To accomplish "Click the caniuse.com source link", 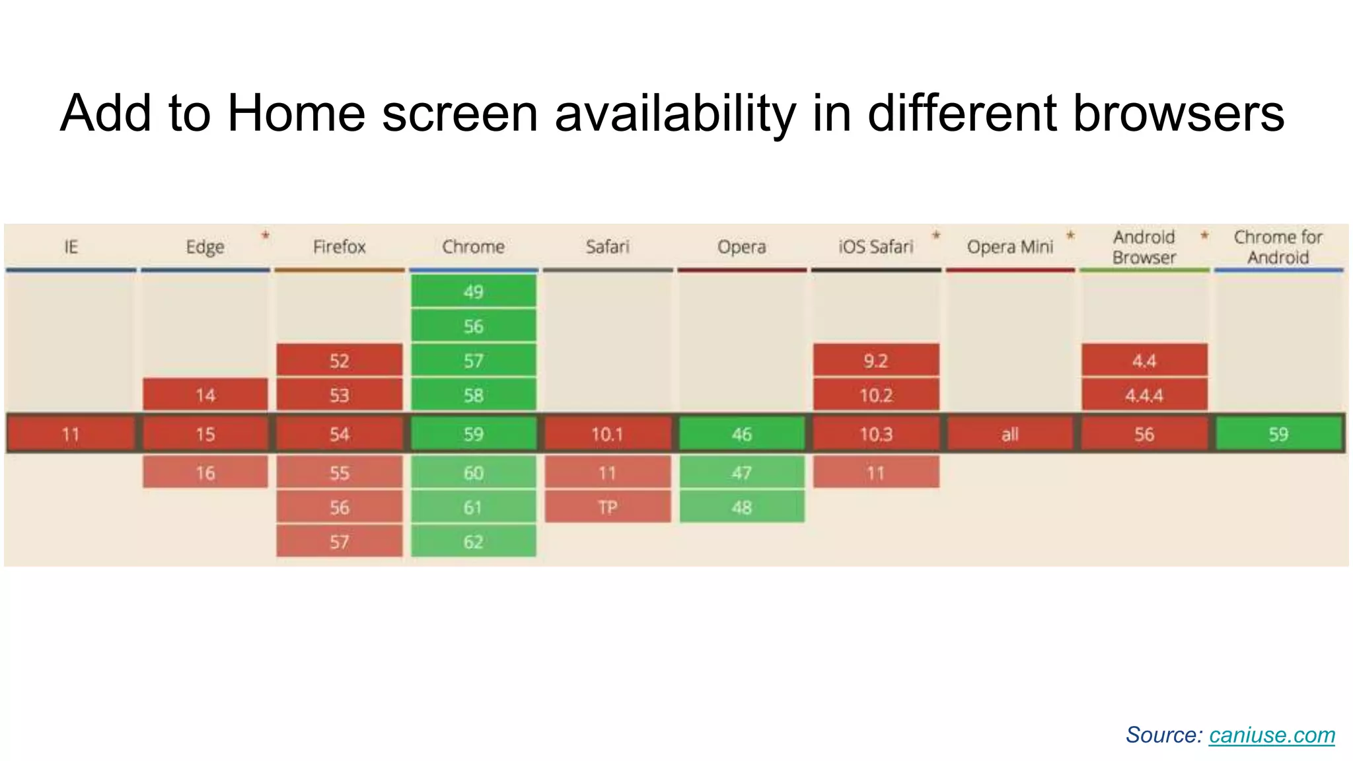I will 1272,735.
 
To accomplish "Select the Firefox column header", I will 339,247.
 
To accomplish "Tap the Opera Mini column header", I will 1009,247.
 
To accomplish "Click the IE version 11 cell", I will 71,434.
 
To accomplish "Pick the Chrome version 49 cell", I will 473,291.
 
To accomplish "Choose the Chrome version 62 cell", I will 473,542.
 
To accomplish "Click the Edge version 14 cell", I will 205,395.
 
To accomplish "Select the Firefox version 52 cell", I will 339,361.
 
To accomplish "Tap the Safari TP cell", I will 607,507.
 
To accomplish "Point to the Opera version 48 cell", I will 742,507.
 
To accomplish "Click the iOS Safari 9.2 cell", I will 875,361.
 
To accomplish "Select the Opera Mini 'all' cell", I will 1009,434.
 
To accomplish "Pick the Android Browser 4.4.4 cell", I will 1144,395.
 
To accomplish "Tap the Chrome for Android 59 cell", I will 1278,434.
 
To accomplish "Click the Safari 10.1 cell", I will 607,434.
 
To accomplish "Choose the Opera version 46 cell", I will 742,434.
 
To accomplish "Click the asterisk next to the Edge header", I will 265,235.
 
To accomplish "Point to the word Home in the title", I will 296,114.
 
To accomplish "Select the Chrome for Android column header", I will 1278,247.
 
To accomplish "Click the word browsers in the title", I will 1178,114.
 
